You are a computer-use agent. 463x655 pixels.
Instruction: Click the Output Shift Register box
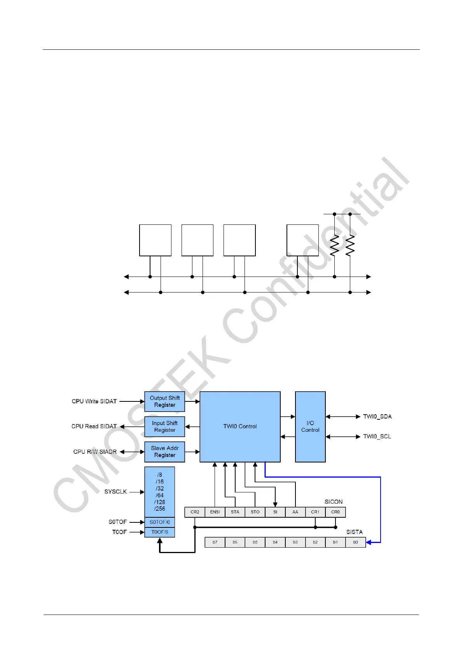tap(164, 401)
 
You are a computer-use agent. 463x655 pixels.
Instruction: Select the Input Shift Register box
tap(164, 427)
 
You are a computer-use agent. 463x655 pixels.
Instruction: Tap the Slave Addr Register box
tap(164, 452)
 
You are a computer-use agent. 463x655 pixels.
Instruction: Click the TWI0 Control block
tap(240, 427)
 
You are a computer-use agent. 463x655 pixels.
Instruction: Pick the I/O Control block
tap(310, 427)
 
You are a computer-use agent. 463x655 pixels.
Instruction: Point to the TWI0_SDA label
tap(377, 417)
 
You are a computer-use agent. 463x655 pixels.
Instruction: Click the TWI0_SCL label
tap(377, 436)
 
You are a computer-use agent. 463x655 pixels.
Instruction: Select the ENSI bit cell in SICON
tap(215, 512)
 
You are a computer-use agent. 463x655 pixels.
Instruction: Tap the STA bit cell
tap(235, 512)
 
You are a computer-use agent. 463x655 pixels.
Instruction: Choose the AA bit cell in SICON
tap(295, 512)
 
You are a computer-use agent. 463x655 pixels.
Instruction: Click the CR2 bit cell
tap(195, 512)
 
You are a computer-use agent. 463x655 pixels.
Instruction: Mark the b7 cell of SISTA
tap(215, 542)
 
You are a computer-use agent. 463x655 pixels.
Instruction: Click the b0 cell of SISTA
tap(355, 542)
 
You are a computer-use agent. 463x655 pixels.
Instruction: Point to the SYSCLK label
tap(115, 492)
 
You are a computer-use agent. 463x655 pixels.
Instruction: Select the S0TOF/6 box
tap(160, 522)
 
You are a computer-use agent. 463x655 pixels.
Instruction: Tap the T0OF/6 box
tap(160, 532)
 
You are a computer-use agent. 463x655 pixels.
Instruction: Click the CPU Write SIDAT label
tap(94, 401)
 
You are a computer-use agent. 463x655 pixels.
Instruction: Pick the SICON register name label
tap(334, 502)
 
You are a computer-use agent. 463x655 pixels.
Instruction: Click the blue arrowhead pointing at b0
tap(369, 542)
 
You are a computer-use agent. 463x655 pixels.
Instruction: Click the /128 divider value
tap(160, 502)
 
